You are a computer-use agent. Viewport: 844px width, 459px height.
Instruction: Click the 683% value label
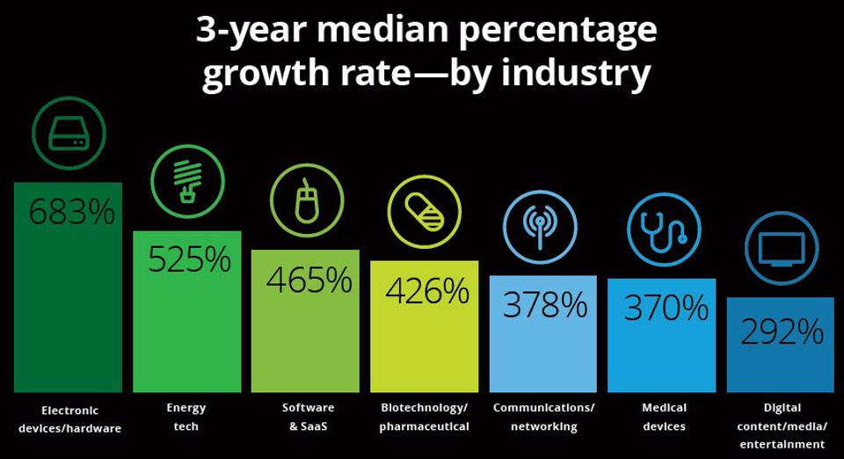coord(71,212)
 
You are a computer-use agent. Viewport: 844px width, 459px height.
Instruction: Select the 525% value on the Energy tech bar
coord(189,259)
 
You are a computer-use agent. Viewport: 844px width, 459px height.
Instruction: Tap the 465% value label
coord(309,280)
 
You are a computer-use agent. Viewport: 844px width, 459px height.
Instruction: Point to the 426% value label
coord(427,291)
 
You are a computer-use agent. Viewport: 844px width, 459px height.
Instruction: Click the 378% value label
coord(545,304)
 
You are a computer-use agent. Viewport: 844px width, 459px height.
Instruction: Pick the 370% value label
coord(665,308)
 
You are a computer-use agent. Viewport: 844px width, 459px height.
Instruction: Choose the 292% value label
coord(782,331)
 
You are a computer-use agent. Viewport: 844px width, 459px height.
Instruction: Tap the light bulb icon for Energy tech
coord(186,179)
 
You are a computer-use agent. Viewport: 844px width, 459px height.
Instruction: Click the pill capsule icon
coord(424,211)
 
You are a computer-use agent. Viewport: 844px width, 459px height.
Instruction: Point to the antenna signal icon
coord(540,227)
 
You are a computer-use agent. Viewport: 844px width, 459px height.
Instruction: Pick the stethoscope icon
coord(664,229)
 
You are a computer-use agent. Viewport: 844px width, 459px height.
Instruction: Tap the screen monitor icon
coord(781,249)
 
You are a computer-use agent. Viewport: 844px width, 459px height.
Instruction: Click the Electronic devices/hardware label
coord(69,419)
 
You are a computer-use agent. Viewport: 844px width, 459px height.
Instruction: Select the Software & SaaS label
coord(308,417)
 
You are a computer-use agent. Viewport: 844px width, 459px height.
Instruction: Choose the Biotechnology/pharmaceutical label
coord(424,417)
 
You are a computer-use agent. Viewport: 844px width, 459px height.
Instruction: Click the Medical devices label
coord(664,417)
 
